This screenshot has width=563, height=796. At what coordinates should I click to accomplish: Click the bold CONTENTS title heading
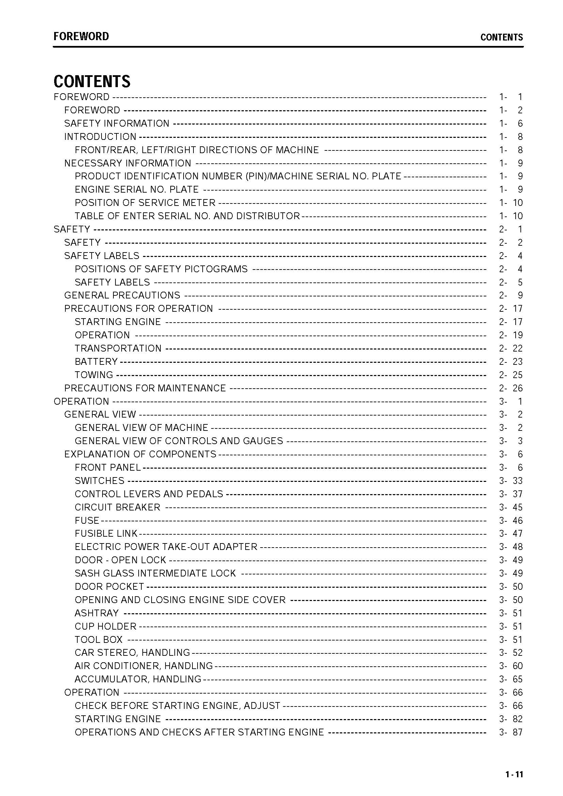tap(92, 81)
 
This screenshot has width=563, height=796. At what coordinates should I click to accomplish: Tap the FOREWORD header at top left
tap(81, 36)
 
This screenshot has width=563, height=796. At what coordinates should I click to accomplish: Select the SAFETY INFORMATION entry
tap(116, 124)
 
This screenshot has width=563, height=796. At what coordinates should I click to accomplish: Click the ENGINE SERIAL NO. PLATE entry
tap(137, 189)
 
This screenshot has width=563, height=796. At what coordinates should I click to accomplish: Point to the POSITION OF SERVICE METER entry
tap(145, 202)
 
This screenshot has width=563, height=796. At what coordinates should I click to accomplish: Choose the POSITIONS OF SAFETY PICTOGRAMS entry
tap(161, 269)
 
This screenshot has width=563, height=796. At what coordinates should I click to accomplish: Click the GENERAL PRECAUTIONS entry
tap(122, 295)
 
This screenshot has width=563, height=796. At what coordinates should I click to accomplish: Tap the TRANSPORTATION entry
tap(118, 348)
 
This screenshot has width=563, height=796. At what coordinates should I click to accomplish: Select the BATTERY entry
tap(96, 361)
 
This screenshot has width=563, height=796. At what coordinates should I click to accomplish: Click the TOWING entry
tap(94, 375)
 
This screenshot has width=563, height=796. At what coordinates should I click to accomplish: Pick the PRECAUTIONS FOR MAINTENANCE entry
tap(145, 388)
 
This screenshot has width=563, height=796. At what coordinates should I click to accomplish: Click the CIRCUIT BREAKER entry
tap(118, 507)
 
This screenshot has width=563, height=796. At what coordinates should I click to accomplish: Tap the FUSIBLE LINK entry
tap(106, 534)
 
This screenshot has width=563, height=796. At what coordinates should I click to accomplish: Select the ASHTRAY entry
tap(97, 613)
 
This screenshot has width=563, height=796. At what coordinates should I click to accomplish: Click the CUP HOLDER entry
tap(106, 626)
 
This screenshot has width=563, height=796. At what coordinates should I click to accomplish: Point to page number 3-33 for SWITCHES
tap(511, 481)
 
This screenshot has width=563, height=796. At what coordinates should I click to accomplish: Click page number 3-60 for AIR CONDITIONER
tap(511, 666)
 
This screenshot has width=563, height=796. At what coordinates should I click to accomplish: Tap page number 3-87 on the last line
tap(511, 732)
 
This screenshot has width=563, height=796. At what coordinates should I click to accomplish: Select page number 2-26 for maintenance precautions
tap(511, 388)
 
